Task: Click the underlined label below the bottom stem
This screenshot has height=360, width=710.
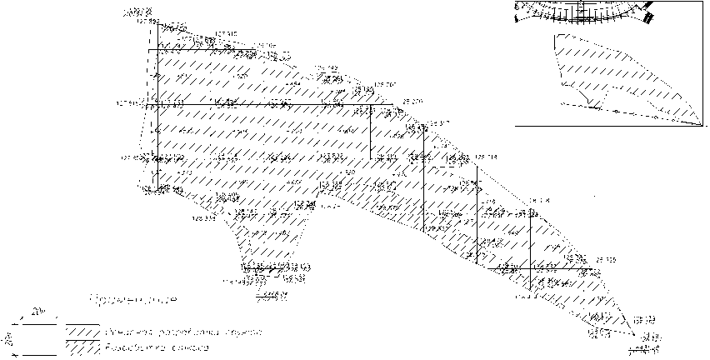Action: coord(272,293)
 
